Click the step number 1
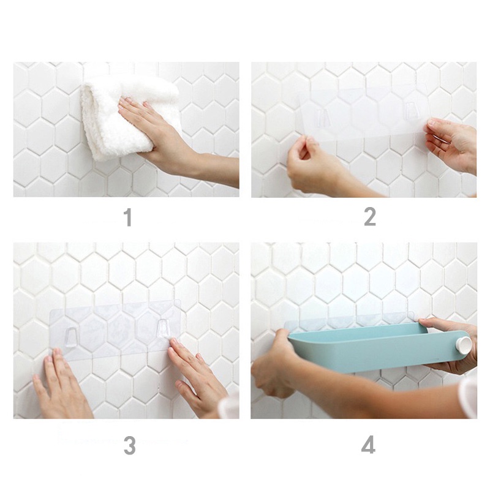tap(127, 217)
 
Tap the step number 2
tap(370, 217)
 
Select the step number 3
tap(129, 445)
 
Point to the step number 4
tap(368, 445)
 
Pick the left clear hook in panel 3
tap(71, 337)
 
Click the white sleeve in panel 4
tap(469, 397)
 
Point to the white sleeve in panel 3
tap(230, 406)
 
